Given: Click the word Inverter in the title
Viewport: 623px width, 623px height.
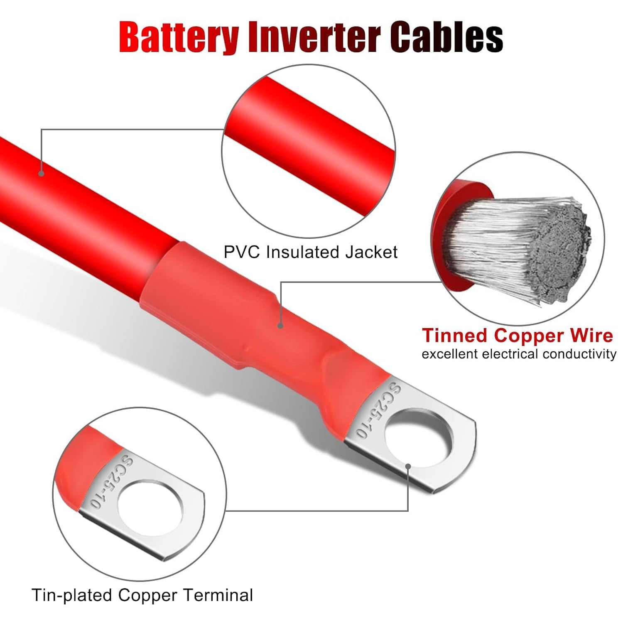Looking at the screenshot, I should point(314,38).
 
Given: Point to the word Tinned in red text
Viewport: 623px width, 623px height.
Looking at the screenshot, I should point(455,336).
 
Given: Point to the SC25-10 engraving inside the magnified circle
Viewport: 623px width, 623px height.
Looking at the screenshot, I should point(111,482).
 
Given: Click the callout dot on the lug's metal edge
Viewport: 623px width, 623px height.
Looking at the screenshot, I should point(408,467).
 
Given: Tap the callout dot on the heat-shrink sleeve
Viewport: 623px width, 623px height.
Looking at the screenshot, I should point(281,326).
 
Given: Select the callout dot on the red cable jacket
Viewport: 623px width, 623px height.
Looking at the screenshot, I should point(41,173).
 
